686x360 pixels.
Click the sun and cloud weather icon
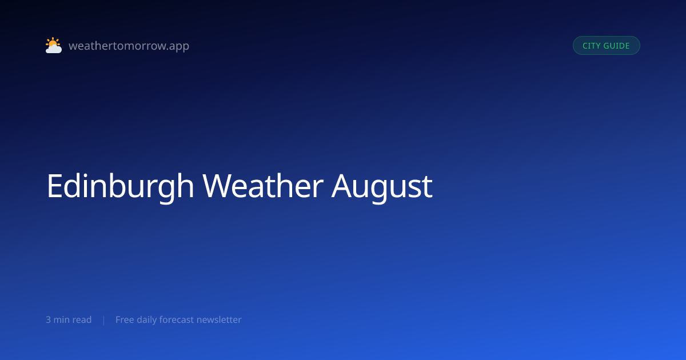coord(54,45)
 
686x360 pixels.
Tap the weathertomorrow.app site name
coord(129,46)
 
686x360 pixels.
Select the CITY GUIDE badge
coord(607,46)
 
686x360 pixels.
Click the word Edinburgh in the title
coord(120,186)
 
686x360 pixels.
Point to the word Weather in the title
coord(263,186)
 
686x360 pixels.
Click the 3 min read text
coord(69,319)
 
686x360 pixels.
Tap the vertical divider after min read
coord(104,320)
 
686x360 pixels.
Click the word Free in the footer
coord(125,319)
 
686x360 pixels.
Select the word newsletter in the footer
coord(219,319)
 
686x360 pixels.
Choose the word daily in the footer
coord(147,320)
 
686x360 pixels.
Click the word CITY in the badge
coord(591,46)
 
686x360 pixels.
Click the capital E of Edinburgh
coord(54,186)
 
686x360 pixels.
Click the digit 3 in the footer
coord(49,320)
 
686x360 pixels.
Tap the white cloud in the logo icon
coord(54,49)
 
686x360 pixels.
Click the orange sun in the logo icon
coord(53,42)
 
